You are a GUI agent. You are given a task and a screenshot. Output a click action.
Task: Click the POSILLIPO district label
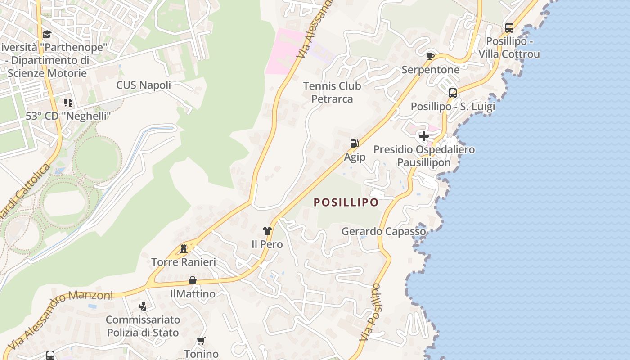coord(346,202)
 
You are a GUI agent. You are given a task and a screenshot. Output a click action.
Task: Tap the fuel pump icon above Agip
coord(355,144)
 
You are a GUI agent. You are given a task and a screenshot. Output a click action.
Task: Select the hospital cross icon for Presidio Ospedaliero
coord(423,136)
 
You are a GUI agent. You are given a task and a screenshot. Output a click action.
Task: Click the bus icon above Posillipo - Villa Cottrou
coord(509,28)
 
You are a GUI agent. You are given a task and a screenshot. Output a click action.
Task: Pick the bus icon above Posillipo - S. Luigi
coord(453,93)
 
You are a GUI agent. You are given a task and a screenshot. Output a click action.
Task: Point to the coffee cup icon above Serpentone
coord(431,56)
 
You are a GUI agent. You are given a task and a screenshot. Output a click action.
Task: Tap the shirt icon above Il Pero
coord(267,231)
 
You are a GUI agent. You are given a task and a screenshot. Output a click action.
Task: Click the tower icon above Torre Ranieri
coord(184,248)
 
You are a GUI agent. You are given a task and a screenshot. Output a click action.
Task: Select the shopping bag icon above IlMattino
coord(193,280)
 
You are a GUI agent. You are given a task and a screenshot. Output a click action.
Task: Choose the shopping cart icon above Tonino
coord(201,341)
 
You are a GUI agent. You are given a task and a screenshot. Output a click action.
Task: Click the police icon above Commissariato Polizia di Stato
coord(143,306)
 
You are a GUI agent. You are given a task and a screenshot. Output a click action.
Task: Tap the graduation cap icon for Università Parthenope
coord(47,35)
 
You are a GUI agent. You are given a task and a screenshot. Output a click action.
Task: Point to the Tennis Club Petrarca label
coord(332,92)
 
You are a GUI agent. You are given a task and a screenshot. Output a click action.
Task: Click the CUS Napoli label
coord(144,85)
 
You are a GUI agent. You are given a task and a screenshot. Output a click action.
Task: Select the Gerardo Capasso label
coord(384,231)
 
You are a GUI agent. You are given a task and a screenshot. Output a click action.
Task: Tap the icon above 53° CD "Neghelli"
coord(68,103)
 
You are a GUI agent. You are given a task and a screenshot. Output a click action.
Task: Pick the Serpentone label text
coord(431,70)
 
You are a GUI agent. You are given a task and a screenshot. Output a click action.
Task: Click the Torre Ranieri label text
coord(184,262)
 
